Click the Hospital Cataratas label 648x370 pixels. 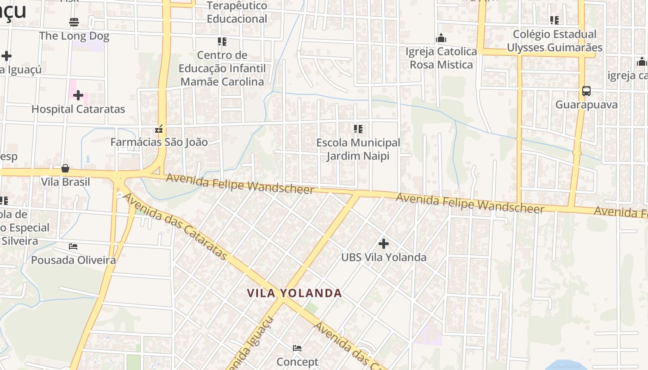point(78,109)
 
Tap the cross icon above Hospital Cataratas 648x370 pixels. point(78,95)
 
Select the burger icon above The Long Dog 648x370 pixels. point(74,22)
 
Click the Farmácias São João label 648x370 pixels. point(159,142)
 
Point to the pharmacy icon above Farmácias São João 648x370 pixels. point(159,129)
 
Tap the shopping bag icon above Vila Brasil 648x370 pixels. point(65,168)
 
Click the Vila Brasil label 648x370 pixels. point(65,182)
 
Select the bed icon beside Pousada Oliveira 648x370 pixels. point(73,247)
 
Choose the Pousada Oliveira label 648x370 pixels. point(73,260)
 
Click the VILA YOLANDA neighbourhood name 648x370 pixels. point(294,293)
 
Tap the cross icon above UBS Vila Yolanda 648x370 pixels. point(384,243)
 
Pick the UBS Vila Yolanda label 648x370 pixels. point(384,257)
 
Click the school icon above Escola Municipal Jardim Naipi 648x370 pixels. point(358,129)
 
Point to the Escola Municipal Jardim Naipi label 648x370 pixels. point(358,149)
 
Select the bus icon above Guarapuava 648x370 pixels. point(586,91)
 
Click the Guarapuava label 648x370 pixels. point(586,105)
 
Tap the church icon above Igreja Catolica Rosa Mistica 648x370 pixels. point(441,38)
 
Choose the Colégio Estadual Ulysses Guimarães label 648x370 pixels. point(555,41)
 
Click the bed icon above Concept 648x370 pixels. point(297,348)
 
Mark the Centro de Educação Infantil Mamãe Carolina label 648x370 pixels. point(222,68)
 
